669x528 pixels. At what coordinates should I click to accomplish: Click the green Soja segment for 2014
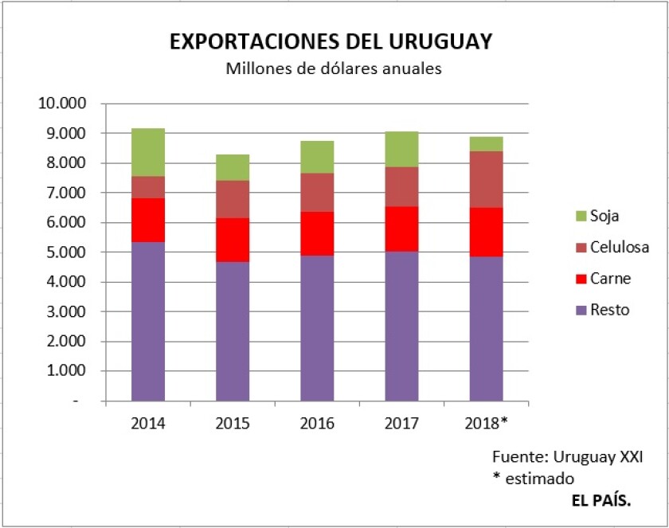pos(148,152)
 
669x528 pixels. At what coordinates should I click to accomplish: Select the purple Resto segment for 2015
pos(233,330)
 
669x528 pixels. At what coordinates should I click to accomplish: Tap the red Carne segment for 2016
pos(317,233)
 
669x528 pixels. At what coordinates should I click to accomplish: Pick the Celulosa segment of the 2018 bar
pos(486,179)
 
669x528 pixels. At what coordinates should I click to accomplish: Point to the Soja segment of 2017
pos(401,149)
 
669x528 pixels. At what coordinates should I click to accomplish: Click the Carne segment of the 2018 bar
pos(486,232)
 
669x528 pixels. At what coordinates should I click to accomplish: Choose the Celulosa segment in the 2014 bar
pos(148,187)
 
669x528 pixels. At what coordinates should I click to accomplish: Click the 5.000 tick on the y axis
pos(65,252)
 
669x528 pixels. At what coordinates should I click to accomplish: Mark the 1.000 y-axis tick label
pos(65,371)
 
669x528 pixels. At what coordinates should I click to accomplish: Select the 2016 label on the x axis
pos(317,423)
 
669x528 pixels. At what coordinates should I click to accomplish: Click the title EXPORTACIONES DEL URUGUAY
pos(331,42)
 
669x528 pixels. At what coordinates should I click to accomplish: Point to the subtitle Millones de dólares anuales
pos(334,68)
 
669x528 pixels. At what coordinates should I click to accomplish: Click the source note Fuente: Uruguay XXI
pos(568,458)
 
